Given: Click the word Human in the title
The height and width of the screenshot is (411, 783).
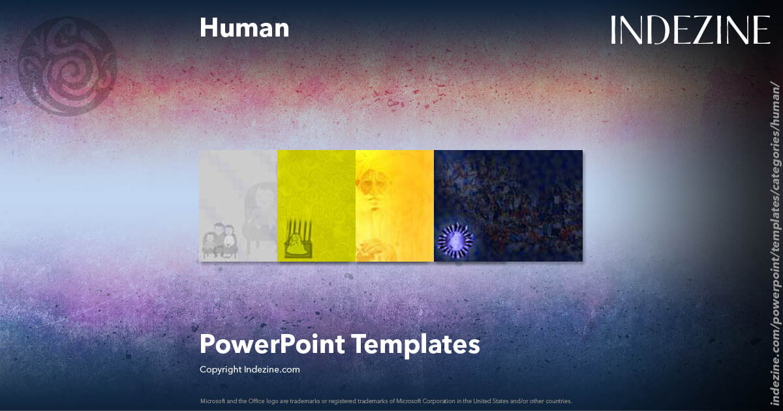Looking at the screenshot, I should (x=244, y=28).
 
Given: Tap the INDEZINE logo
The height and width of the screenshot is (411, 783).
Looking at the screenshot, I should (x=690, y=31).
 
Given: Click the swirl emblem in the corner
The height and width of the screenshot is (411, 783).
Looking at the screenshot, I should (x=67, y=66).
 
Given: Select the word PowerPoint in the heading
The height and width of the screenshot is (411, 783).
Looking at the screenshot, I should (x=271, y=344).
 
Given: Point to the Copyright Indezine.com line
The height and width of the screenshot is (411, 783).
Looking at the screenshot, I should (x=249, y=369).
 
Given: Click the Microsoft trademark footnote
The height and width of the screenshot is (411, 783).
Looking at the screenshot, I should (x=386, y=401).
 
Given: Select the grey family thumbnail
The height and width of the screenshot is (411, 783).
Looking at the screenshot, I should (x=238, y=205).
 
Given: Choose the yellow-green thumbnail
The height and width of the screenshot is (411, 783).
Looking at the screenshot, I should (x=316, y=205).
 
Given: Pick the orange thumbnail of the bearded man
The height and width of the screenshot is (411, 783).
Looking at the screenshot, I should (x=395, y=205).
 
